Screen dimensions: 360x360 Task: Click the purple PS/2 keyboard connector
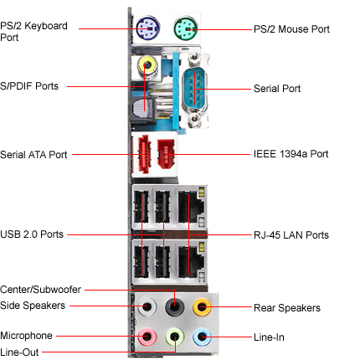148,28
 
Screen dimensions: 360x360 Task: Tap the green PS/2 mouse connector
186,28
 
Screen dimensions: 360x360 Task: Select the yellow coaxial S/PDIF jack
147,66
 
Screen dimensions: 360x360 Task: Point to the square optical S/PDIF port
143,110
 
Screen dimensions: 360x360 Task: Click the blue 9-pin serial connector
195,89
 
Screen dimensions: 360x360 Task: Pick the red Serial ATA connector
144,154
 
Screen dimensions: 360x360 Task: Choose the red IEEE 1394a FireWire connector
166,154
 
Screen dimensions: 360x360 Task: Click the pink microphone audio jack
147,337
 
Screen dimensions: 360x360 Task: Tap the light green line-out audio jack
175,337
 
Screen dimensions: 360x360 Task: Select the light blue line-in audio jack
202,337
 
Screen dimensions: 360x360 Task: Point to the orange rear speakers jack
202,307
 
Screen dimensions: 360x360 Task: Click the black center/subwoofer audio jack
175,307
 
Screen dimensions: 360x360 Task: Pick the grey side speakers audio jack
147,307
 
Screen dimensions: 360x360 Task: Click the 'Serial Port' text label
277,89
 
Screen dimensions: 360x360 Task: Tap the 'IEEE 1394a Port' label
291,154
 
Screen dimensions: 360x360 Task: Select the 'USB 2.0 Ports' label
32,234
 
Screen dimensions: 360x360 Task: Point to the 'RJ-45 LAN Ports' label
291,235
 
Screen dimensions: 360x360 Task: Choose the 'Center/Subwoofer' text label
40,290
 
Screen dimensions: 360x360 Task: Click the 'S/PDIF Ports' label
29,86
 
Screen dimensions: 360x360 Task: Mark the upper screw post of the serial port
194,58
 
